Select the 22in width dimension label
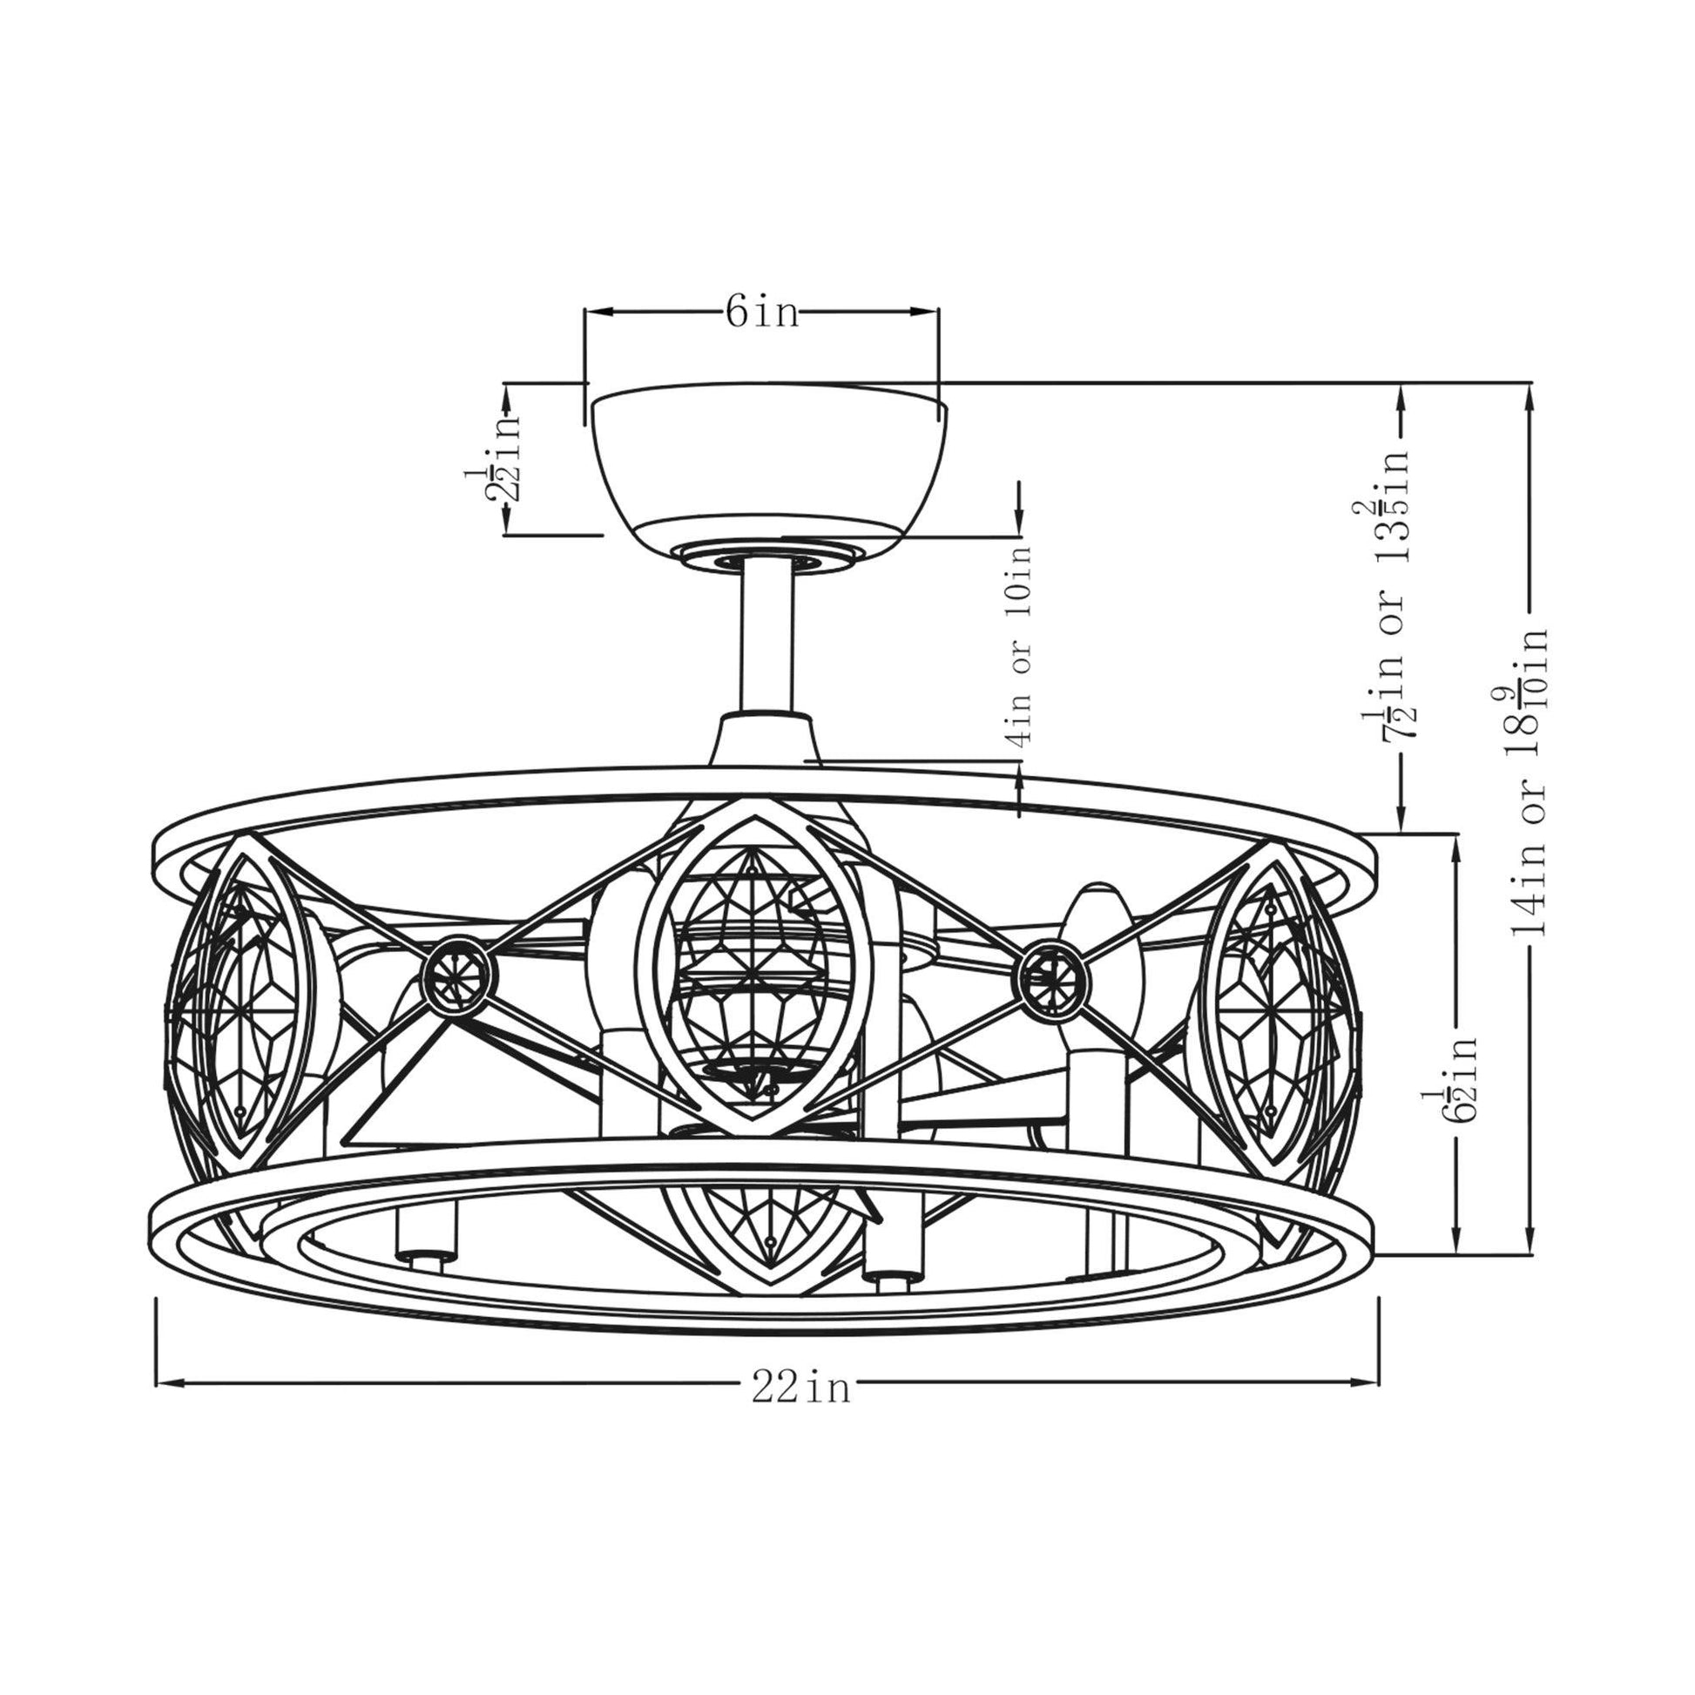pos(801,1388)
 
